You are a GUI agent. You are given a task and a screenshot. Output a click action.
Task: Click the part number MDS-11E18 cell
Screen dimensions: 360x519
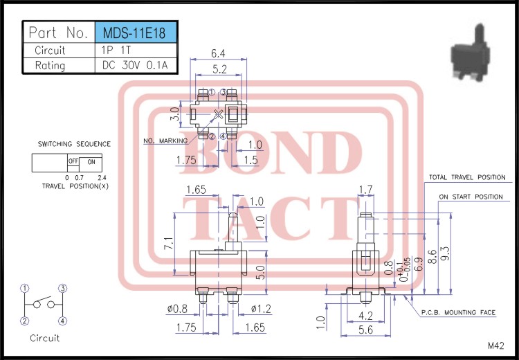(135, 33)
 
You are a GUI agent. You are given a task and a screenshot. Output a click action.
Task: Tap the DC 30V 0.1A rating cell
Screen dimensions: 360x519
(135, 66)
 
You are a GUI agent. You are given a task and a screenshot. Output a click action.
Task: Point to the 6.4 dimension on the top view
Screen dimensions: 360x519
(218, 53)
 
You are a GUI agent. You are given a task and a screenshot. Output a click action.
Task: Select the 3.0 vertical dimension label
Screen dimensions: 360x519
(174, 114)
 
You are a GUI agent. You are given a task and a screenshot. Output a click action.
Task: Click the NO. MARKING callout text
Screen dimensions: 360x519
(165, 141)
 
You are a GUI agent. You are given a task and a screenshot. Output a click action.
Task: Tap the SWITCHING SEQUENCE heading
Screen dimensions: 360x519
(74, 144)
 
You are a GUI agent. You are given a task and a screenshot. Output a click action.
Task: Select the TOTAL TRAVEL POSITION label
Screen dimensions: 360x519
(466, 178)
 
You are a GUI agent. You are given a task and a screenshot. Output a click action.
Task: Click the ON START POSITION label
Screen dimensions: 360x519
(471, 197)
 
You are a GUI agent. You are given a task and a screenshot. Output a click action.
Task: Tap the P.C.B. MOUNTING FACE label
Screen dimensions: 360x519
(458, 313)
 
